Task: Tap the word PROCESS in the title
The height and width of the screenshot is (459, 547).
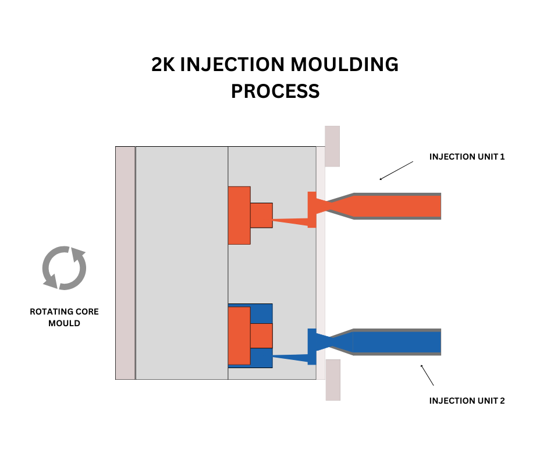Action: click(x=275, y=91)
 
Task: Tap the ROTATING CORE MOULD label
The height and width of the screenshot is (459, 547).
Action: click(x=64, y=317)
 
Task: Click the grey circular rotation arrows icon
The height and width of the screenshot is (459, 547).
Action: click(x=64, y=269)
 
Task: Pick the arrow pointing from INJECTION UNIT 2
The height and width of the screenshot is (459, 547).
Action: click(x=427, y=375)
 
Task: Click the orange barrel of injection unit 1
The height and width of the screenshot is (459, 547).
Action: click(x=396, y=206)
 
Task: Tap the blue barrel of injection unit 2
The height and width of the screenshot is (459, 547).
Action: click(x=396, y=342)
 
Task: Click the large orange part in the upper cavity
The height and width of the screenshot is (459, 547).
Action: click(x=239, y=215)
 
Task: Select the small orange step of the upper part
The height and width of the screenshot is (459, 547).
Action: click(x=261, y=215)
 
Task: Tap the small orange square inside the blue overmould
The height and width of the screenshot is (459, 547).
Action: click(x=261, y=336)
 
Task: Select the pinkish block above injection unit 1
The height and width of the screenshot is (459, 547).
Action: click(x=332, y=146)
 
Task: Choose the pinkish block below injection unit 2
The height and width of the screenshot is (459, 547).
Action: click(x=332, y=380)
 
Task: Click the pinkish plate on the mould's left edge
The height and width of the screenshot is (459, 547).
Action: click(x=125, y=263)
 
